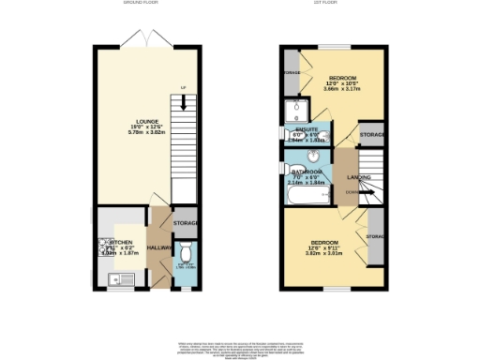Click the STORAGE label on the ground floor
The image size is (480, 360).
pos(186,223)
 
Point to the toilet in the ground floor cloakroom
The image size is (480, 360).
pos(187,252)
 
